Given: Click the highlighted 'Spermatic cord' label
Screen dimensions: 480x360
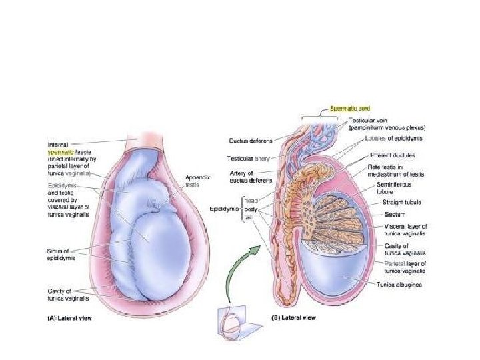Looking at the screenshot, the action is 351,108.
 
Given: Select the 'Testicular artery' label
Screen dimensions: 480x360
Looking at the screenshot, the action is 247,158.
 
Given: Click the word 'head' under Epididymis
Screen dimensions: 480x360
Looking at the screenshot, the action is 251,199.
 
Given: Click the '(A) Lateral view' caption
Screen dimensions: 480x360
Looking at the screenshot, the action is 70,318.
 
